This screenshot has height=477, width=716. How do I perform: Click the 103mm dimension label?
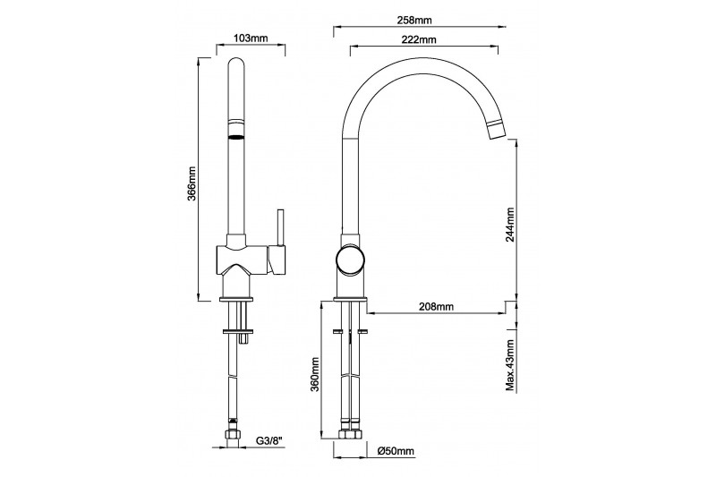[x=251, y=38]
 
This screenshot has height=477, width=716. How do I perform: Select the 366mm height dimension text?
[x=192, y=183]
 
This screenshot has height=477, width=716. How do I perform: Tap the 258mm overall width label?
[x=414, y=20]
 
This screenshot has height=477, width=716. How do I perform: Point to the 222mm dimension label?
[x=419, y=39]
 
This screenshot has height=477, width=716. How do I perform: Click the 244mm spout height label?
[x=510, y=224]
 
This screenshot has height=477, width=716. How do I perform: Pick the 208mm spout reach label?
[x=437, y=306]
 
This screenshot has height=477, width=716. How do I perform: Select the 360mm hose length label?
[x=314, y=374]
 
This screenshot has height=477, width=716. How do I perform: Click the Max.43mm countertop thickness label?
[x=510, y=366]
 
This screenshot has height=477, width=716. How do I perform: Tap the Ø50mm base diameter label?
[x=396, y=451]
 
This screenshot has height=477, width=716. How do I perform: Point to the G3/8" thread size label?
[x=269, y=441]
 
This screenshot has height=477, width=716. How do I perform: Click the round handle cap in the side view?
[x=351, y=260]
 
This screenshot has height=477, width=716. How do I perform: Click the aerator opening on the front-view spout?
[x=235, y=138]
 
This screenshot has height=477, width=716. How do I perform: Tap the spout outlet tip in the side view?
[x=497, y=131]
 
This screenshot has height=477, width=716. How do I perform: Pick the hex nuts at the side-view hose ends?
[x=349, y=434]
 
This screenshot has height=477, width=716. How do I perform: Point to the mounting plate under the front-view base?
[x=238, y=331]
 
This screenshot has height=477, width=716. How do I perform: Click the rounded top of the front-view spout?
[x=236, y=62]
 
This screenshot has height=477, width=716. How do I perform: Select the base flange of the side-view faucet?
[x=350, y=300]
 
